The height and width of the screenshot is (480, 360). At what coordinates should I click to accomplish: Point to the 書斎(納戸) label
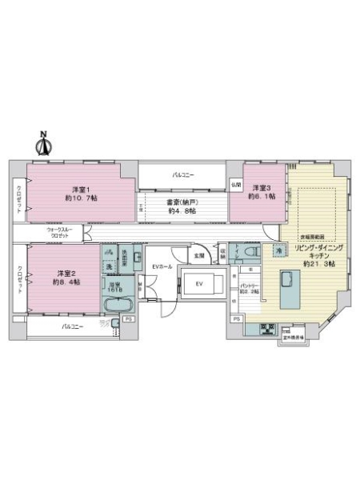coord(182,202)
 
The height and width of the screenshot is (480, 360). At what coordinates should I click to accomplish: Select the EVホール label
coord(161,266)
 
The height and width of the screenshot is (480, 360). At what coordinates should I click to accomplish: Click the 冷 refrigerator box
coord(280,252)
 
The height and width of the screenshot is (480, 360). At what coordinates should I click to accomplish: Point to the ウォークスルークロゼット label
coord(59,232)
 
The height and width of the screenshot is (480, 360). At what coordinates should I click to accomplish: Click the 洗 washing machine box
coord(109,266)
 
